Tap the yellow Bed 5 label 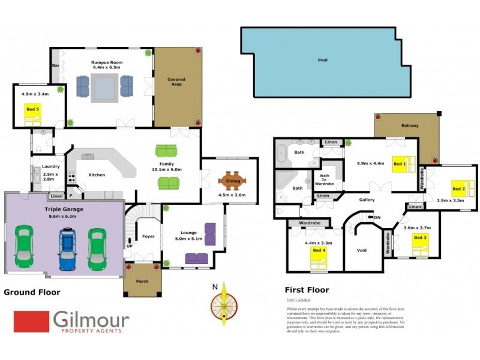coord(32,110)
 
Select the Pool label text coord(323,60)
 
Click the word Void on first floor coord(361,250)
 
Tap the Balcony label coord(410,125)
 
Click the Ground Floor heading coord(32,292)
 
